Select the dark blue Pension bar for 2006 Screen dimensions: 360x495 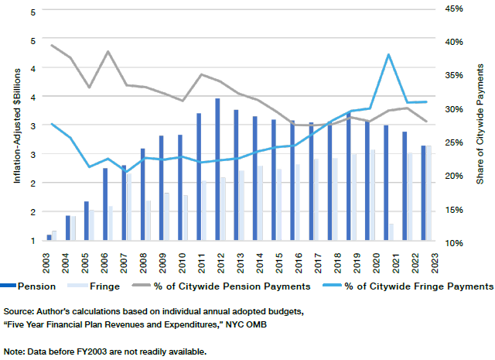click(x=105, y=204)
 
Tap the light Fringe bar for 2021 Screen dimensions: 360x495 click(x=391, y=232)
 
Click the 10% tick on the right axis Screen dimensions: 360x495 click(x=453, y=243)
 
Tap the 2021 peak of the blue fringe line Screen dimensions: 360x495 click(x=388, y=54)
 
